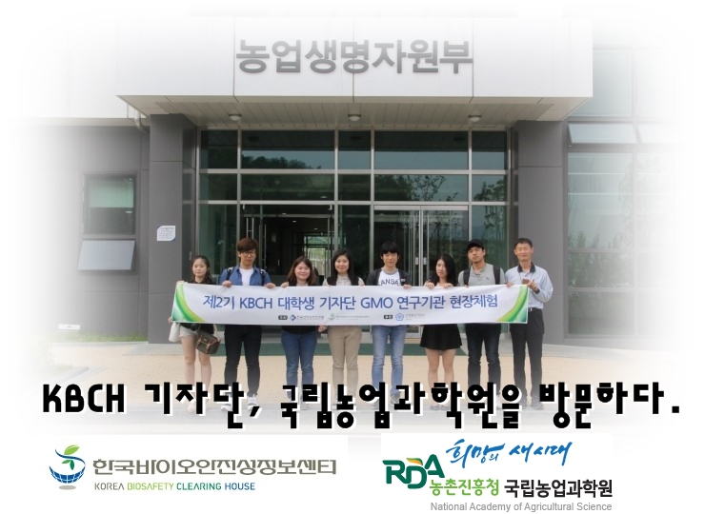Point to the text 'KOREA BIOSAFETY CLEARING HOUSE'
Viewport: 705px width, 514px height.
click(x=174, y=486)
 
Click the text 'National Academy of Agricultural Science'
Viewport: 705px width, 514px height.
click(x=508, y=506)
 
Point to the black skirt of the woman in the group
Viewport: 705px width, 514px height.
click(x=441, y=336)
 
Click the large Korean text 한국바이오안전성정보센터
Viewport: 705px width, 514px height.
click(x=213, y=466)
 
